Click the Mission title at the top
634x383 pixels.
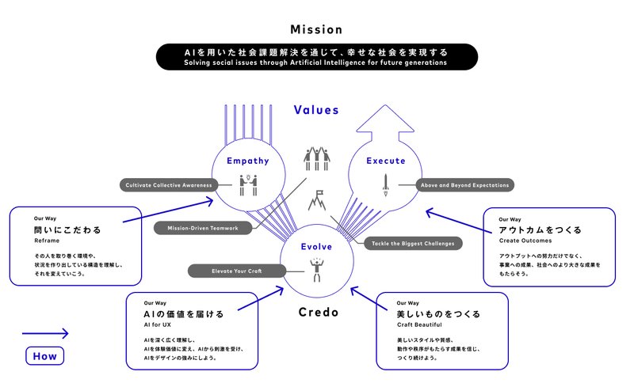click(316, 30)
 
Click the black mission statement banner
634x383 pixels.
click(316, 56)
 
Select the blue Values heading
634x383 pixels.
click(316, 110)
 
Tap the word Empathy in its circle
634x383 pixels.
click(247, 161)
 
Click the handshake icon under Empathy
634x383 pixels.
click(248, 184)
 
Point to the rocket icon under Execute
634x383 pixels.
click(386, 184)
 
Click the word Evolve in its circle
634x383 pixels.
click(316, 246)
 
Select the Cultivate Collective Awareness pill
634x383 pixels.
click(170, 185)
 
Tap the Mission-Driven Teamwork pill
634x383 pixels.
click(203, 228)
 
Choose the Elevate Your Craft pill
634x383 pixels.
click(236, 271)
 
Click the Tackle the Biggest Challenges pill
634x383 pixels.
click(413, 242)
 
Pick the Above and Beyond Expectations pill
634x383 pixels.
click(464, 185)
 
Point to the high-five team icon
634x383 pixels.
click(316, 158)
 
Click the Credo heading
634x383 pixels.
click(318, 313)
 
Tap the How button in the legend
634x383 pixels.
click(44, 356)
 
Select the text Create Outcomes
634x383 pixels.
click(524, 241)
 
